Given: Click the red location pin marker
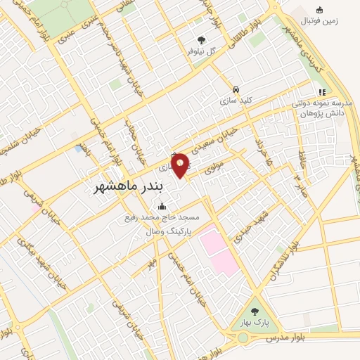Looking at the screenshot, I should coord(181,165).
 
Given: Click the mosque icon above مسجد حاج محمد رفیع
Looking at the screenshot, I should coord(163,207).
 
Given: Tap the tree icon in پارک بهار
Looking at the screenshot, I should coord(254,310).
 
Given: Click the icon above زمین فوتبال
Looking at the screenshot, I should coord(320,10).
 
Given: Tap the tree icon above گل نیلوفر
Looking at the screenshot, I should coord(202,40).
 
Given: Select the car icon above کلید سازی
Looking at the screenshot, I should coord(238,91).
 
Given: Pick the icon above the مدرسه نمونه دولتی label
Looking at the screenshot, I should coord(322,91).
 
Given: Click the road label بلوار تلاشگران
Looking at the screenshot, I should coord(289,259).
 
